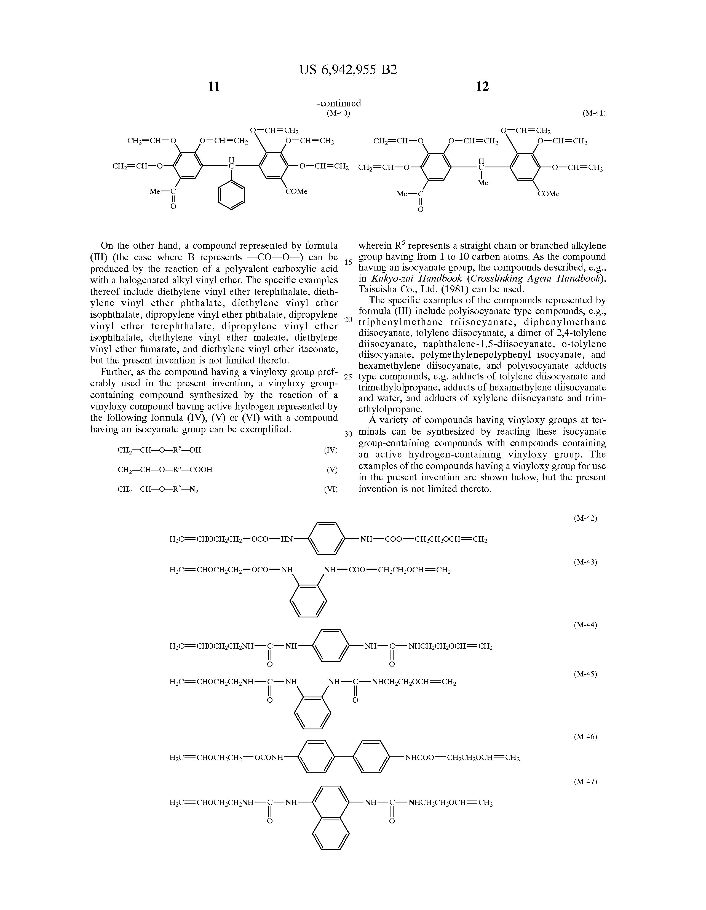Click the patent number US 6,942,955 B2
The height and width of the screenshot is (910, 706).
348,69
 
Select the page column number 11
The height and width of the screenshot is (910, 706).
214,87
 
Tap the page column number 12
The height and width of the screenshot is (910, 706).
482,87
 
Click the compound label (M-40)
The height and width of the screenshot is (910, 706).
338,113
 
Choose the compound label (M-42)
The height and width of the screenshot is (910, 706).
585,518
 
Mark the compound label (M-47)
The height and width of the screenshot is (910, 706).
585,782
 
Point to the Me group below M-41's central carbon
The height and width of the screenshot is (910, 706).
483,183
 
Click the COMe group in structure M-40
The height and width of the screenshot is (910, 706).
296,192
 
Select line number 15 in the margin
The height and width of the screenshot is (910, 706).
348,262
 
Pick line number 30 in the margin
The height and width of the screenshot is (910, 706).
348,434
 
